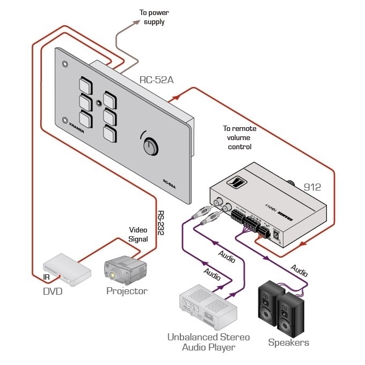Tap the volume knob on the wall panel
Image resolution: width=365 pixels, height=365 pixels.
(149, 145)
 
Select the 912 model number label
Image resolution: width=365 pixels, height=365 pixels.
(312, 187)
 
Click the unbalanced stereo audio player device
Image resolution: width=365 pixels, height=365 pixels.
(208, 309)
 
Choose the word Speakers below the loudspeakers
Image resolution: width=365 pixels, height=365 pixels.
(289, 342)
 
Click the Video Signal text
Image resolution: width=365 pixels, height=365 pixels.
(138, 235)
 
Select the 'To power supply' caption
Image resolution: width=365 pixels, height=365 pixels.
(154, 18)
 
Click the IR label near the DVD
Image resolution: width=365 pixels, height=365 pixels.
(47, 278)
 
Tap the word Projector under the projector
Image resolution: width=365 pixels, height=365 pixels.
(127, 291)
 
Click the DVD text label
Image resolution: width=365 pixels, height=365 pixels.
(53, 291)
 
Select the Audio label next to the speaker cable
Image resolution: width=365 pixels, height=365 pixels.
(299, 267)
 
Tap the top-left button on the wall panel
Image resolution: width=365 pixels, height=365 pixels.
(85, 84)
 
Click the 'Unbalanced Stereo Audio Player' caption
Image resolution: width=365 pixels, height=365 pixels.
(208, 342)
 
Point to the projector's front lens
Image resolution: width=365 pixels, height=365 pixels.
(114, 275)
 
